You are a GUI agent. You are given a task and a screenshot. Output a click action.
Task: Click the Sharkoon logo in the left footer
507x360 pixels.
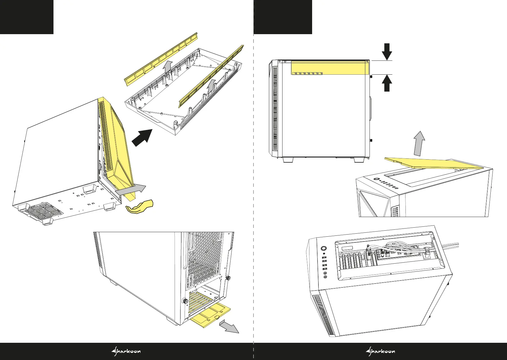coord(126,351)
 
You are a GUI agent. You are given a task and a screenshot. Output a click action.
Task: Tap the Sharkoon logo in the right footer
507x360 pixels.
coord(380,351)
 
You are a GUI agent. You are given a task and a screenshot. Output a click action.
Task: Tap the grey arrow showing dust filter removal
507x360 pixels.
coord(229,328)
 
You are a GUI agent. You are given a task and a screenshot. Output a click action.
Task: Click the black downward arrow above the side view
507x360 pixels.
coord(387,51)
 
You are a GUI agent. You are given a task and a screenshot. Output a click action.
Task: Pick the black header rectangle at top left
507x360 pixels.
coord(27,17)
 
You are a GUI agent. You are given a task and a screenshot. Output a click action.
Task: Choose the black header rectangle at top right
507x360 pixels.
coord(283,17)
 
